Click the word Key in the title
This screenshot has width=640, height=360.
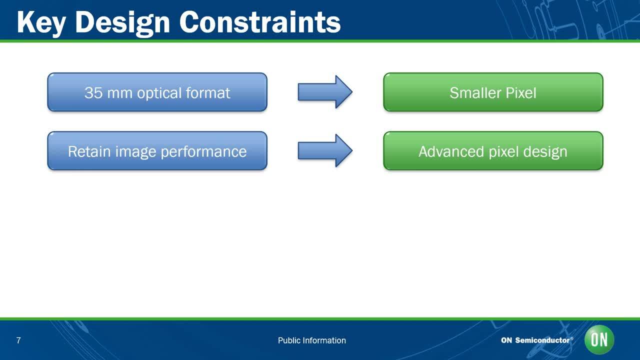coord(41,23)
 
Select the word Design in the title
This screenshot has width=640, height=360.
coord(122,23)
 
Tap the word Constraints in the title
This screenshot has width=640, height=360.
coord(260,22)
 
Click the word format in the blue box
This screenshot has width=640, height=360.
coord(208,93)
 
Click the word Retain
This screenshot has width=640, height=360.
coord(89,151)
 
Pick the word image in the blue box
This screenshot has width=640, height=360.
coord(135,152)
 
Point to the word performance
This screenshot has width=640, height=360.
coord(203,152)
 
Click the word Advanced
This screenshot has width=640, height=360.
coord(451,151)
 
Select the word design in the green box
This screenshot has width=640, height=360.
coord(545,152)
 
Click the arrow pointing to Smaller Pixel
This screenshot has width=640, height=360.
coord(325,92)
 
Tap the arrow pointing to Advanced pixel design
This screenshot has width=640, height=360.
coord(325,150)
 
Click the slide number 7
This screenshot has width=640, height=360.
coord(18,340)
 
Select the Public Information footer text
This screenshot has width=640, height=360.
coord(311,340)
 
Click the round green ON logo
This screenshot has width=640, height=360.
coord(599,339)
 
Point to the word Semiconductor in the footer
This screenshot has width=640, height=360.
coord(542,340)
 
